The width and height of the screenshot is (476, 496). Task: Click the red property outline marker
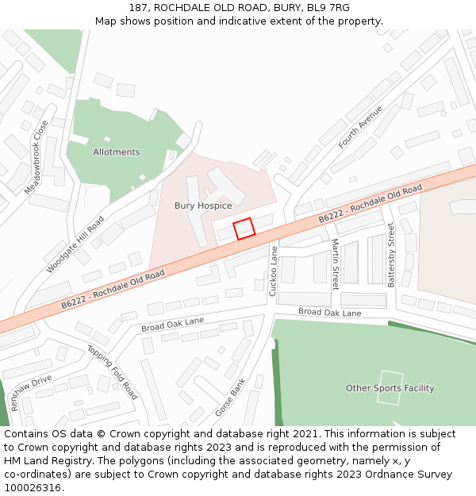[244, 229]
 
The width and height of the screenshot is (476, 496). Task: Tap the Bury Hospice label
[203, 206]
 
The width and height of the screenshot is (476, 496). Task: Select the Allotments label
[116, 152]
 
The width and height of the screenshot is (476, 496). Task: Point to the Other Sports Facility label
[390, 388]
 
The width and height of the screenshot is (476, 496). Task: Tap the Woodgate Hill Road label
[75, 244]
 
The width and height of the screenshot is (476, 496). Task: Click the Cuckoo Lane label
[274, 271]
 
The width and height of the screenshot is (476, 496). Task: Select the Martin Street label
[335, 263]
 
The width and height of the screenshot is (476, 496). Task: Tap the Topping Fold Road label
[112, 372]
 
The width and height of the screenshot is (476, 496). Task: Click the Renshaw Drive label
[31, 392]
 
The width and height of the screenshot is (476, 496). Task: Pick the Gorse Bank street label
[230, 398]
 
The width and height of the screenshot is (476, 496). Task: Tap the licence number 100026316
[33, 488]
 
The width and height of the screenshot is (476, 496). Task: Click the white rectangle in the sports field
[390, 388]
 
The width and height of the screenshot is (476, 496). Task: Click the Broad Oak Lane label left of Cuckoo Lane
[172, 324]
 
